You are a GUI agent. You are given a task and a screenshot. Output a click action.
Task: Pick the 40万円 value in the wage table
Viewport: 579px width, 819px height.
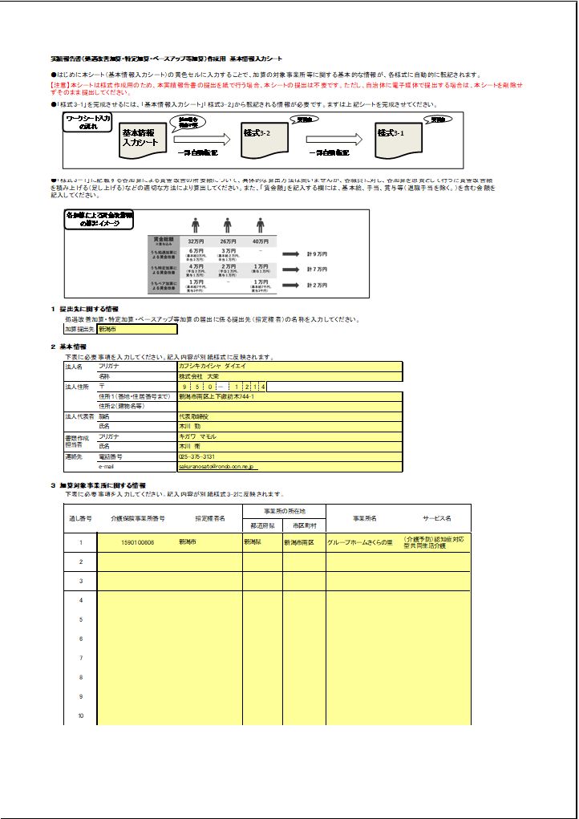[x=261, y=241]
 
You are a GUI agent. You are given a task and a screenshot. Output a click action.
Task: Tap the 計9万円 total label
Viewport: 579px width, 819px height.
[x=317, y=253]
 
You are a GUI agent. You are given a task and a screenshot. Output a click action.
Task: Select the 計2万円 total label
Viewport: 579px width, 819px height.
[x=317, y=285]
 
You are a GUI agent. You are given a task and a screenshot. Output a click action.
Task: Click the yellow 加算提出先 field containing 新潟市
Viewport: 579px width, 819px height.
[x=136, y=329]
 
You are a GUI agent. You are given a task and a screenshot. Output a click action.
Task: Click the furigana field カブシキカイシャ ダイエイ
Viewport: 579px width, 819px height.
[x=289, y=366]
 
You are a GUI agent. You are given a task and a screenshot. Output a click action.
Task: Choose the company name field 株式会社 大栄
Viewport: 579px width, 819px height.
[x=289, y=375]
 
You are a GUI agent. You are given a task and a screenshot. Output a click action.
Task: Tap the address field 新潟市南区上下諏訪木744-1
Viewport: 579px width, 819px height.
[x=289, y=396]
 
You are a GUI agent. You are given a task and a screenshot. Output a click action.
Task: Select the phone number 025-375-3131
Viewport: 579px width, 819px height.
[x=289, y=456]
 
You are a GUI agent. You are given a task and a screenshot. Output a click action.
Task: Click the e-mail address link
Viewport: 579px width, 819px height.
[x=217, y=466]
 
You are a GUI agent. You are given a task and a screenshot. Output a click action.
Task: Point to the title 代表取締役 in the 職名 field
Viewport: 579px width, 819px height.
[x=289, y=416]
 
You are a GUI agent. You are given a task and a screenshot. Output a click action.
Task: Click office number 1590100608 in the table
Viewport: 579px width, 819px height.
[x=138, y=542]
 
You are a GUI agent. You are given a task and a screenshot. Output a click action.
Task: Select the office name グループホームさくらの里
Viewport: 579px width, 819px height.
[x=359, y=542]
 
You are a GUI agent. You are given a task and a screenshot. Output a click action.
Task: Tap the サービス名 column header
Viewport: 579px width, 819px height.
[x=437, y=518]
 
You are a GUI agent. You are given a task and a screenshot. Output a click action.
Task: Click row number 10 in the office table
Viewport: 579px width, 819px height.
[x=80, y=716]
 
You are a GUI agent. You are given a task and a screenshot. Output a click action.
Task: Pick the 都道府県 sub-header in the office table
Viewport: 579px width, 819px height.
[x=262, y=525]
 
